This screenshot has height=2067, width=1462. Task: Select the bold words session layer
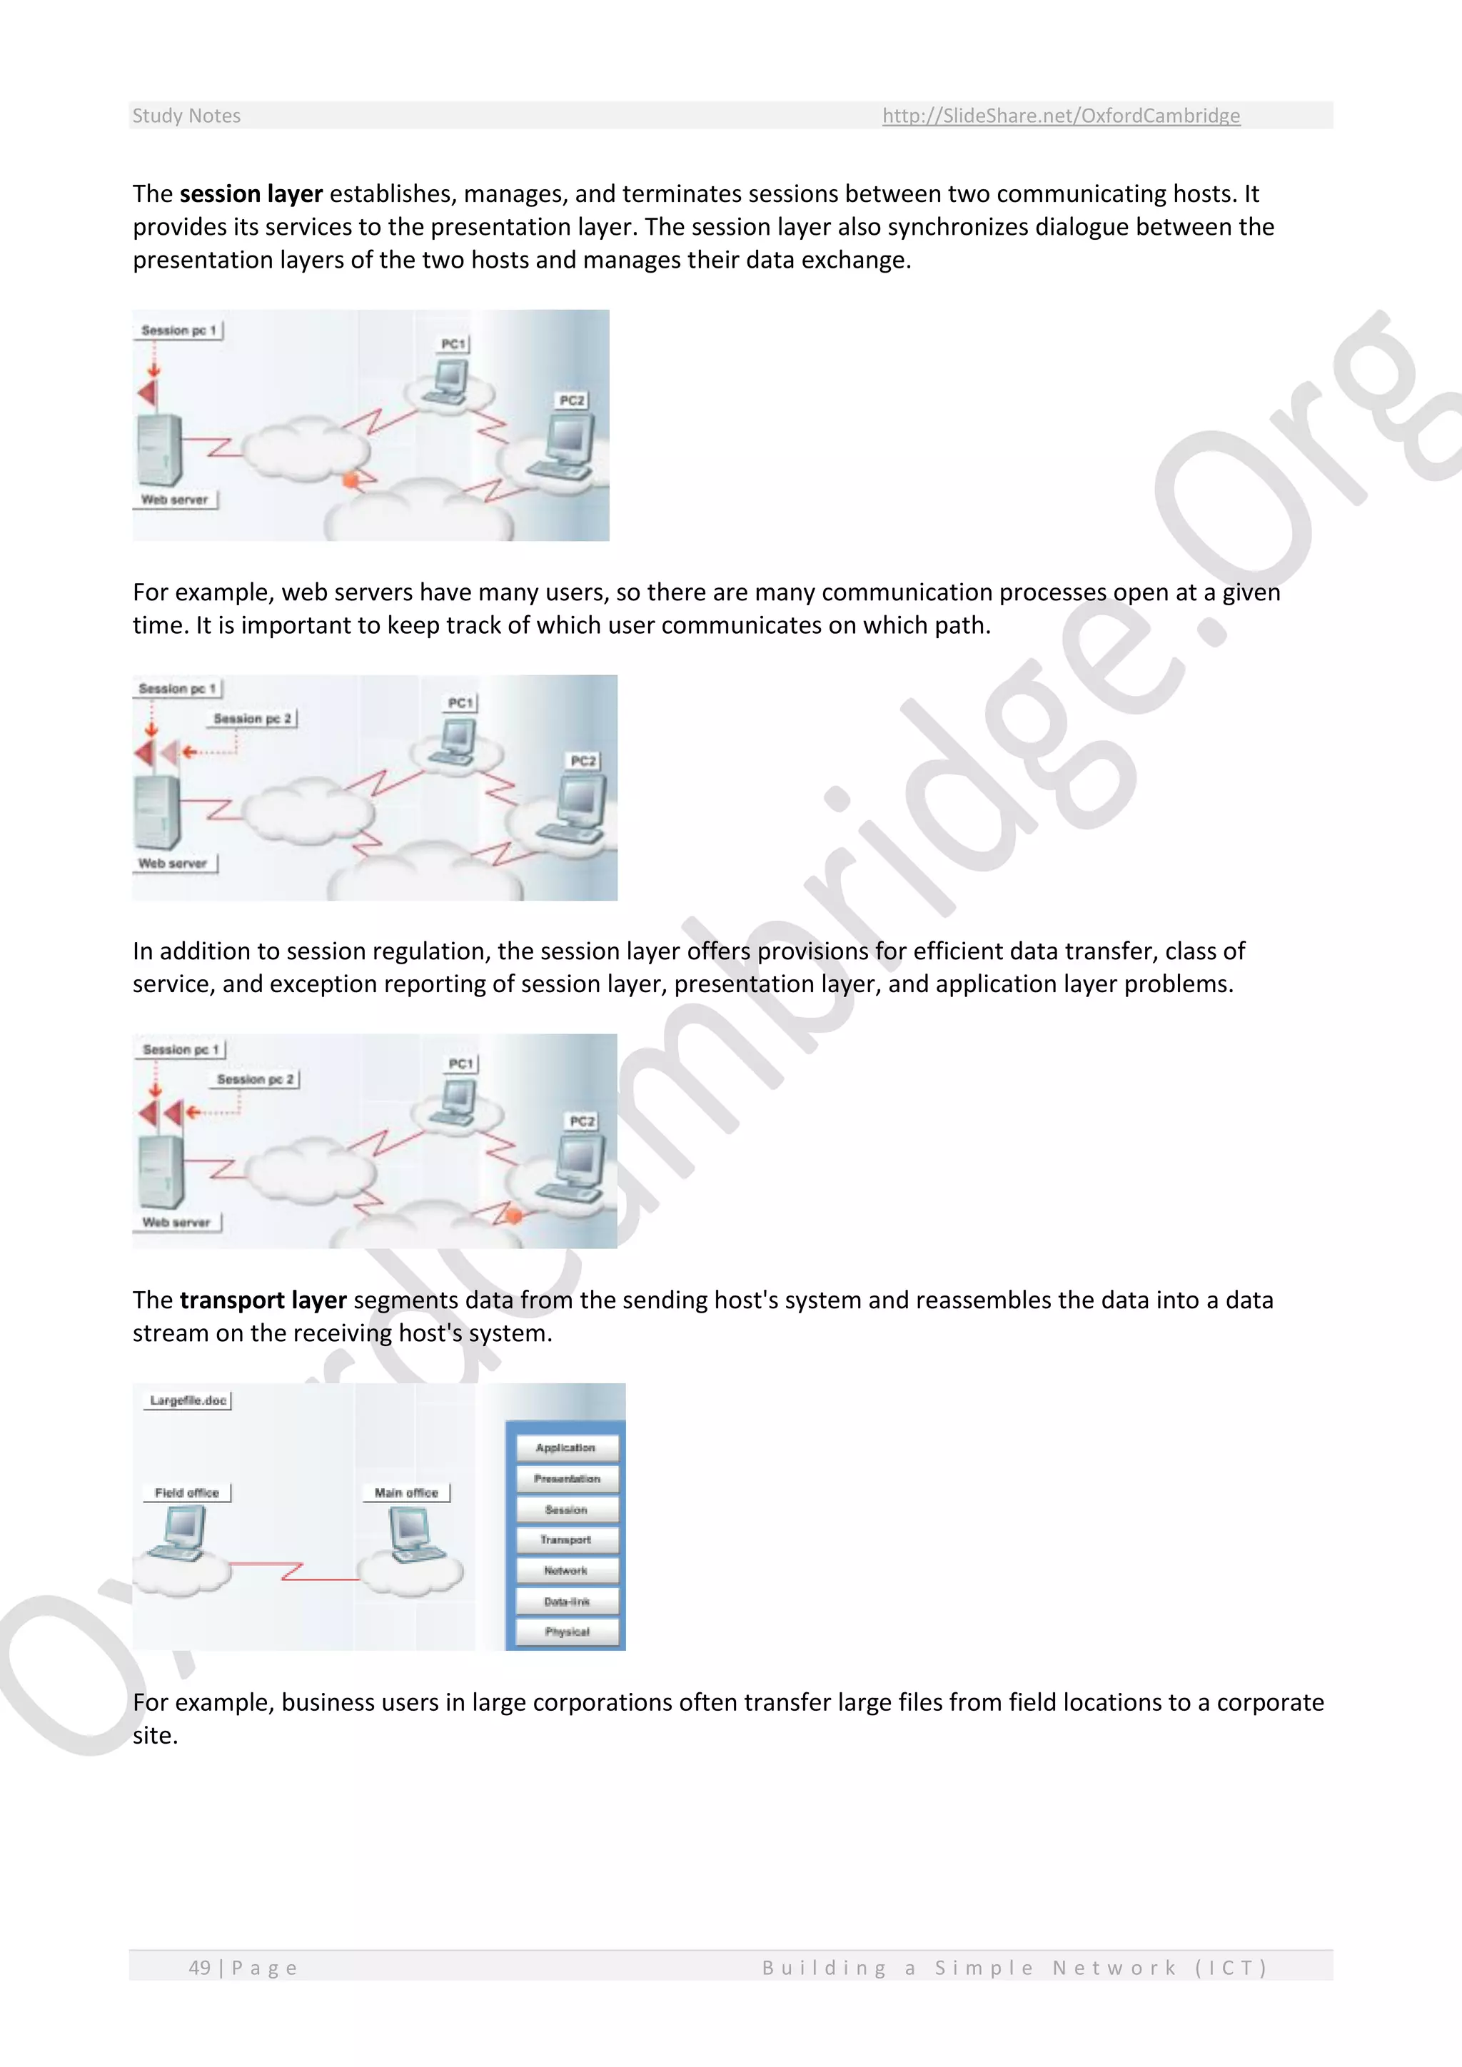(251, 194)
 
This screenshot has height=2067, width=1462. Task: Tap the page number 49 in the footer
(199, 1967)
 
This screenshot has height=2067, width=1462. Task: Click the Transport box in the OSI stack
(566, 1540)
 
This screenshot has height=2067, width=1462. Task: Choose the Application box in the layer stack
(566, 1447)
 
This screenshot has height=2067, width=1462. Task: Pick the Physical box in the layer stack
(566, 1632)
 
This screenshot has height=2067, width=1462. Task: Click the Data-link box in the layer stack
(566, 1602)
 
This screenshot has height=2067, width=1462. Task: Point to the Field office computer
(180, 1533)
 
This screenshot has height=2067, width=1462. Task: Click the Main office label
(406, 1492)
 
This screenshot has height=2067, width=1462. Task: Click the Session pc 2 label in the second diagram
(253, 719)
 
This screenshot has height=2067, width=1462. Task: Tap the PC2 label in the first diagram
(572, 400)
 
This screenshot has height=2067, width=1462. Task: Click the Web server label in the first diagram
(175, 500)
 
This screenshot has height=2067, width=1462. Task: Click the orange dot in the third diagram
(513, 1216)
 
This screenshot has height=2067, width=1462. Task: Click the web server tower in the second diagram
(156, 810)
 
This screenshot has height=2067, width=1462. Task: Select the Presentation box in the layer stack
(566, 1478)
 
